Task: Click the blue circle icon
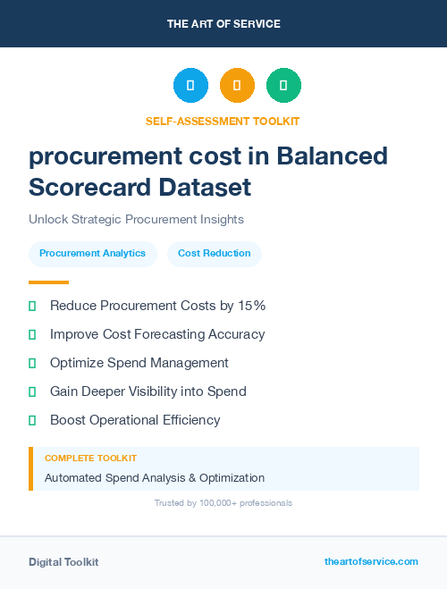[x=190, y=86]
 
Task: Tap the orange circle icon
[x=237, y=86]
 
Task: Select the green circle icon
[x=283, y=86]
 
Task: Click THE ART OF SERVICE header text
[x=223, y=24]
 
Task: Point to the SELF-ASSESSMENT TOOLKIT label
[x=223, y=121]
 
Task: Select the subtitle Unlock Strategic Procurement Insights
[x=136, y=219]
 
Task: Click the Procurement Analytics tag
[x=93, y=254]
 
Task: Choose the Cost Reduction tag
[x=215, y=254]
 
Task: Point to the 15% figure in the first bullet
[x=251, y=306]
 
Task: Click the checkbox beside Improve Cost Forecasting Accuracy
[x=32, y=334]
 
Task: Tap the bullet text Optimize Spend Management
[x=139, y=363]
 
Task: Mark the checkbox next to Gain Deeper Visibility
[x=32, y=391]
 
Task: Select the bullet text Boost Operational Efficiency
[x=135, y=420]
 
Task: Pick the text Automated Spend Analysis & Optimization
[x=155, y=477]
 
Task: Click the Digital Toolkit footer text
[x=63, y=562]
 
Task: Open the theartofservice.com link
[x=371, y=561]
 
